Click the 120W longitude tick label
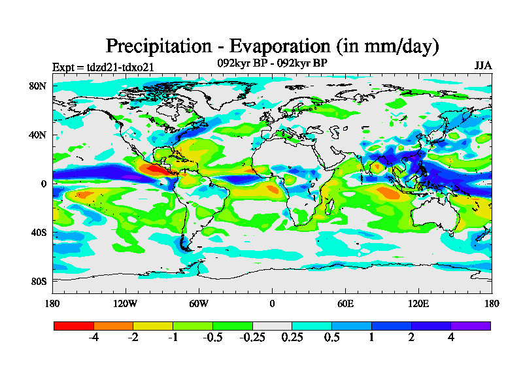click(x=126, y=303)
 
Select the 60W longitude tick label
click(x=199, y=303)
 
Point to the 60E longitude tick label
click(x=345, y=303)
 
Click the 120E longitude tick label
click(x=418, y=303)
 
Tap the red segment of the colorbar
click(x=74, y=325)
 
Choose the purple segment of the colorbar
click(x=471, y=325)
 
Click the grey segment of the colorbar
click(x=272, y=325)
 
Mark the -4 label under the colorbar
click(x=93, y=338)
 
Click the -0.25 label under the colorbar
click(x=252, y=338)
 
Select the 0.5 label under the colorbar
click(x=331, y=338)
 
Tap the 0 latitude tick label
click(x=42, y=184)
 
